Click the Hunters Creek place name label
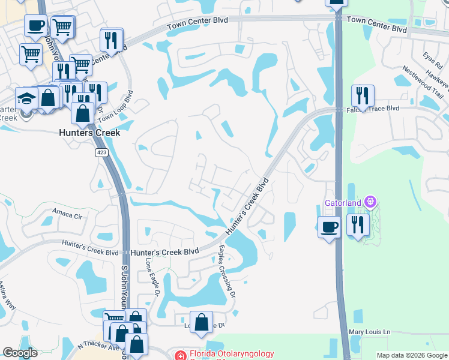click(x=89, y=133)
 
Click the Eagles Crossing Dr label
click(x=226, y=269)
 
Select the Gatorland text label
click(x=344, y=203)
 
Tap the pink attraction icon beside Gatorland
click(x=370, y=202)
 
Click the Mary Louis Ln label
click(x=370, y=332)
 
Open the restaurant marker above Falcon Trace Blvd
click(x=363, y=95)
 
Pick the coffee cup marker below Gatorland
click(x=328, y=227)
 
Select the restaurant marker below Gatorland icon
click(x=358, y=225)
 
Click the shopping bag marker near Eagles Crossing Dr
click(x=201, y=322)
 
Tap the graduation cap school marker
click(x=26, y=98)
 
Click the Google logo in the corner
click(x=20, y=353)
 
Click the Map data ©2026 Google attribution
click(x=411, y=355)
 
